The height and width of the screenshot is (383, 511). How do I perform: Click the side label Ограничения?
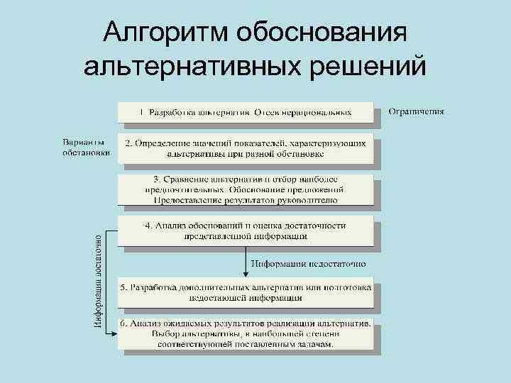[417, 111]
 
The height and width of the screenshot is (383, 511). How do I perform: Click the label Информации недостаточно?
[309, 262]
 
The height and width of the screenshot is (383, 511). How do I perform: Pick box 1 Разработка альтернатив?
[246, 111]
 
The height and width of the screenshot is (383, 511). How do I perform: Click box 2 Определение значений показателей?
[246, 148]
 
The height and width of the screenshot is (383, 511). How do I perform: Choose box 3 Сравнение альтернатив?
[246, 189]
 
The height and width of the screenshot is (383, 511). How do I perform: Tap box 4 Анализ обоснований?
[246, 231]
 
